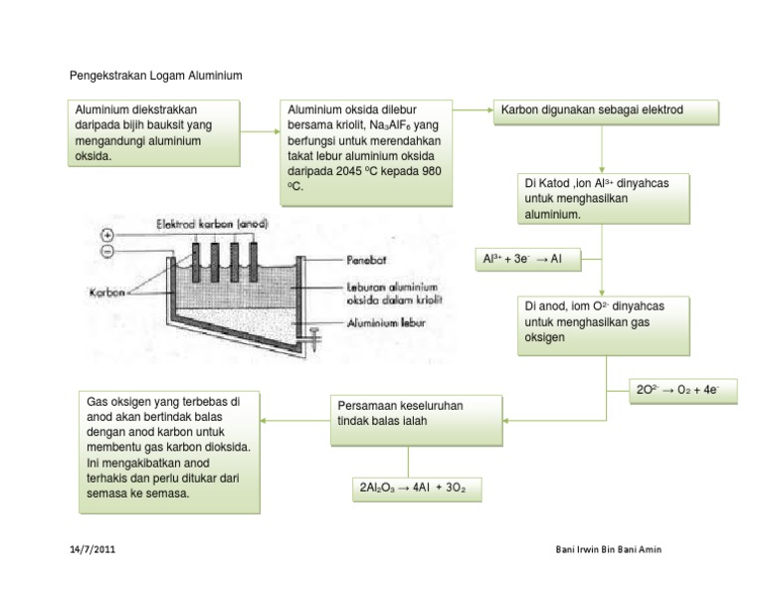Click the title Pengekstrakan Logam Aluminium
click(155, 76)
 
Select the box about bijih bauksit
click(154, 132)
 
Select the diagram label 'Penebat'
click(367, 260)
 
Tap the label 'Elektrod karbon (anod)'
click(212, 225)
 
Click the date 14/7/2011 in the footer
click(92, 550)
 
